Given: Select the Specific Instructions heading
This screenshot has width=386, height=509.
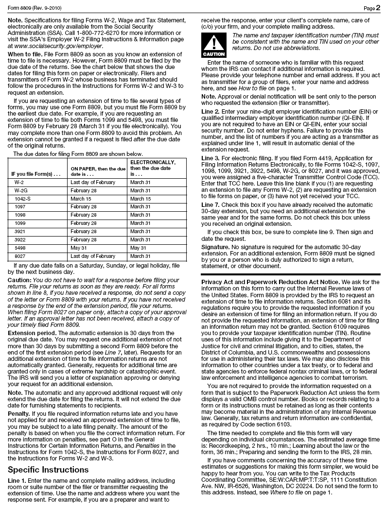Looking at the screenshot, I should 48,470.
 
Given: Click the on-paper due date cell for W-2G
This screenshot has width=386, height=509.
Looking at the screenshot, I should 84,190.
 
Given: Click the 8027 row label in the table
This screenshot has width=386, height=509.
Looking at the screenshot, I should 19,256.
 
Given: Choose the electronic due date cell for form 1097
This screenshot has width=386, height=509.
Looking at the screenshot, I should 140,207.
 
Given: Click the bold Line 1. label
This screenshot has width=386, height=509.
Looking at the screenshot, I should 18,480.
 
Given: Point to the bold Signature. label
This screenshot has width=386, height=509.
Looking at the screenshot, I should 215,247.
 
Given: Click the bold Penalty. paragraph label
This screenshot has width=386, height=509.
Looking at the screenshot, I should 20,413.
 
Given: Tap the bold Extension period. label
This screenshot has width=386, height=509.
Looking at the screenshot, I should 31,333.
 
